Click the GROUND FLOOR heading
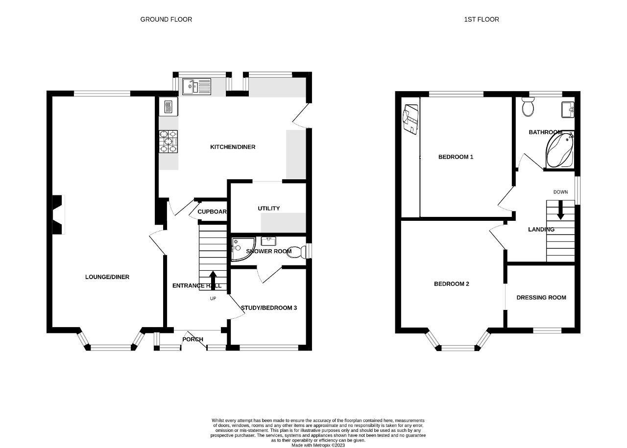[x=166, y=19]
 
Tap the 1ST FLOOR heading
[x=482, y=19]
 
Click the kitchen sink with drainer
[x=196, y=87]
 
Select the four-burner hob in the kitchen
[x=168, y=141]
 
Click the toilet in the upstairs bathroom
[x=528, y=107]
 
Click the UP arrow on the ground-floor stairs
[x=213, y=280]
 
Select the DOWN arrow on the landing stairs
[x=560, y=210]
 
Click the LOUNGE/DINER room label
[x=107, y=277]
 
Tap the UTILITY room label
[x=269, y=209]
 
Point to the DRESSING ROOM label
[x=541, y=298]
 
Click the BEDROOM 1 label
[x=456, y=157]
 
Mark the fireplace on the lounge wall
[x=58, y=214]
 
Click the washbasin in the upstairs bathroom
[x=568, y=110]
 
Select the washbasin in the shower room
[x=268, y=241]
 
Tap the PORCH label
[x=193, y=339]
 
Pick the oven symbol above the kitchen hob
[x=168, y=107]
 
